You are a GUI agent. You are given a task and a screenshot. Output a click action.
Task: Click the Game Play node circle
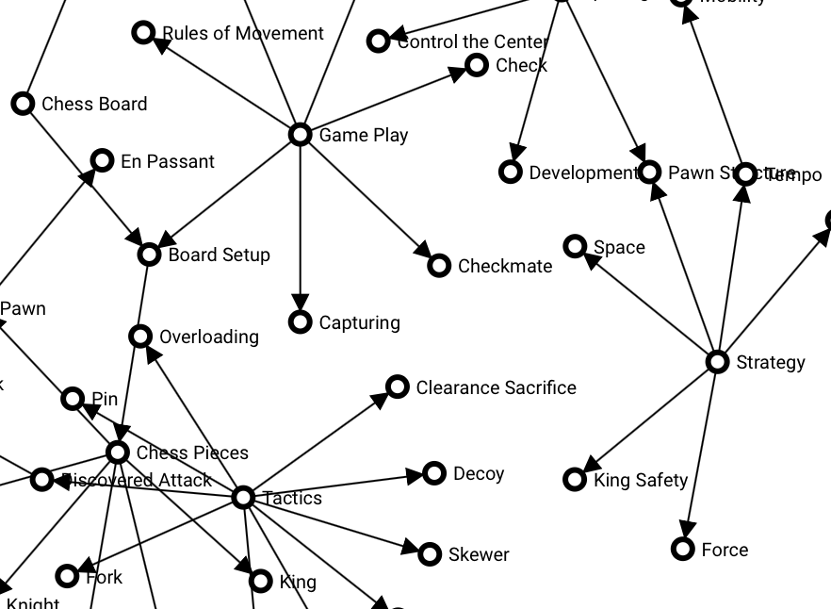click(x=300, y=135)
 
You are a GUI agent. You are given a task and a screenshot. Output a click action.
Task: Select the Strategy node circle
click(x=718, y=362)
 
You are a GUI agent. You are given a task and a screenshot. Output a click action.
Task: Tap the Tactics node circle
click(x=243, y=497)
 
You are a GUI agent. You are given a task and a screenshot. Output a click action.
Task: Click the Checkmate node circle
click(x=439, y=266)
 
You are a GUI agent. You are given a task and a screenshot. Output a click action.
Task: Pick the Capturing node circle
click(x=300, y=322)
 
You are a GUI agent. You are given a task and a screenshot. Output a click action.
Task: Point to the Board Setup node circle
click(x=149, y=255)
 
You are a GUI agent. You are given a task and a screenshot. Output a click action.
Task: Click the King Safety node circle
click(x=575, y=480)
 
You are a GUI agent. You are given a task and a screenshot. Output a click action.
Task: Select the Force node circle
click(x=683, y=549)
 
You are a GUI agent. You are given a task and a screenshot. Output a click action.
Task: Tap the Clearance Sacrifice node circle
click(x=398, y=387)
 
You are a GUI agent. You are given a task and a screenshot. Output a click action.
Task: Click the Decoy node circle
click(x=434, y=473)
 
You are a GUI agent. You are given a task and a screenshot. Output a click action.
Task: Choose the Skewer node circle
click(x=430, y=554)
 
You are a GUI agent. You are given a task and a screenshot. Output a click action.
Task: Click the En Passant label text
click(x=168, y=161)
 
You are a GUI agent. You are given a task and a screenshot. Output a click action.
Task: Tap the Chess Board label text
click(x=94, y=104)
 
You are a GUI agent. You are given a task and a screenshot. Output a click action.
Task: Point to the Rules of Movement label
click(x=243, y=33)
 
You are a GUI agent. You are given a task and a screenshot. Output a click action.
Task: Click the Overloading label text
click(x=209, y=337)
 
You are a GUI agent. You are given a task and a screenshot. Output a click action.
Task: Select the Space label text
click(x=619, y=247)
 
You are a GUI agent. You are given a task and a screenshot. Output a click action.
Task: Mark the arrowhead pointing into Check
click(x=457, y=72)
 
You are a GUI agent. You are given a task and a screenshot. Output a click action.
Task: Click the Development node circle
click(x=511, y=173)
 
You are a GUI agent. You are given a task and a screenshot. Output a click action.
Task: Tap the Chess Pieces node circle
click(x=118, y=453)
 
